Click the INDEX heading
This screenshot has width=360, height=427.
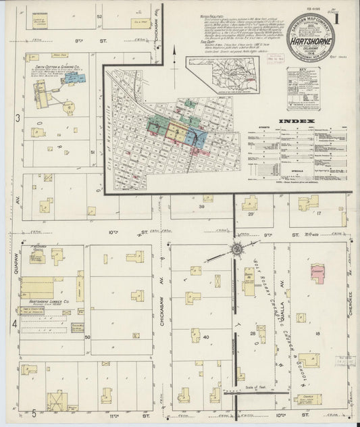coord(298,121)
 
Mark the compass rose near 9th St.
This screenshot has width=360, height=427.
coord(237,251)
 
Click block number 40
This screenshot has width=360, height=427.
coord(205,336)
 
